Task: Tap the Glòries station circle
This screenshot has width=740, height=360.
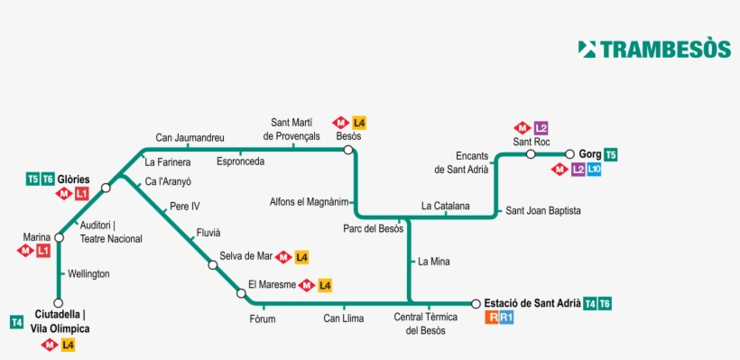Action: click(106, 188)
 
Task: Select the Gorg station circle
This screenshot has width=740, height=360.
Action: click(570, 154)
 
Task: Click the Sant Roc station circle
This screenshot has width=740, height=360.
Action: click(532, 154)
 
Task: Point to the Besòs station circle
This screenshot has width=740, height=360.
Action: click(348, 150)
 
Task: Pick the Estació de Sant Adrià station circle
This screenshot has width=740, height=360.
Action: click(476, 303)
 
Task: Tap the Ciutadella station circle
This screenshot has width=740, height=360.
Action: click(59, 303)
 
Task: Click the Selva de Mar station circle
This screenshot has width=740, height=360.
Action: click(213, 264)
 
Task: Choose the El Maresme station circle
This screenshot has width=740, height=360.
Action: click(241, 292)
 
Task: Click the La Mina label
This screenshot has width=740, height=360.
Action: click(433, 262)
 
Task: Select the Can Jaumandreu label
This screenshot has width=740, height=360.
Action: click(190, 138)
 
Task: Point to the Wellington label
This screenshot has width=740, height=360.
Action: click(88, 272)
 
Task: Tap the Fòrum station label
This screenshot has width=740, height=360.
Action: click(263, 318)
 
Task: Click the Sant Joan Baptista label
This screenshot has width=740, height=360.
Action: click(543, 210)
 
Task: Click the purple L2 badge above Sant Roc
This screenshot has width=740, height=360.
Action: click(541, 127)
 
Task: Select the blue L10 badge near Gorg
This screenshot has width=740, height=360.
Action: click(594, 169)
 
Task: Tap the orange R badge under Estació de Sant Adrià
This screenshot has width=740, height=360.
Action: click(492, 318)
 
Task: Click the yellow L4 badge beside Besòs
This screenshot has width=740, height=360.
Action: click(359, 123)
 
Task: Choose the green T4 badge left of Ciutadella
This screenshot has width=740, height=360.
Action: click(16, 322)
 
